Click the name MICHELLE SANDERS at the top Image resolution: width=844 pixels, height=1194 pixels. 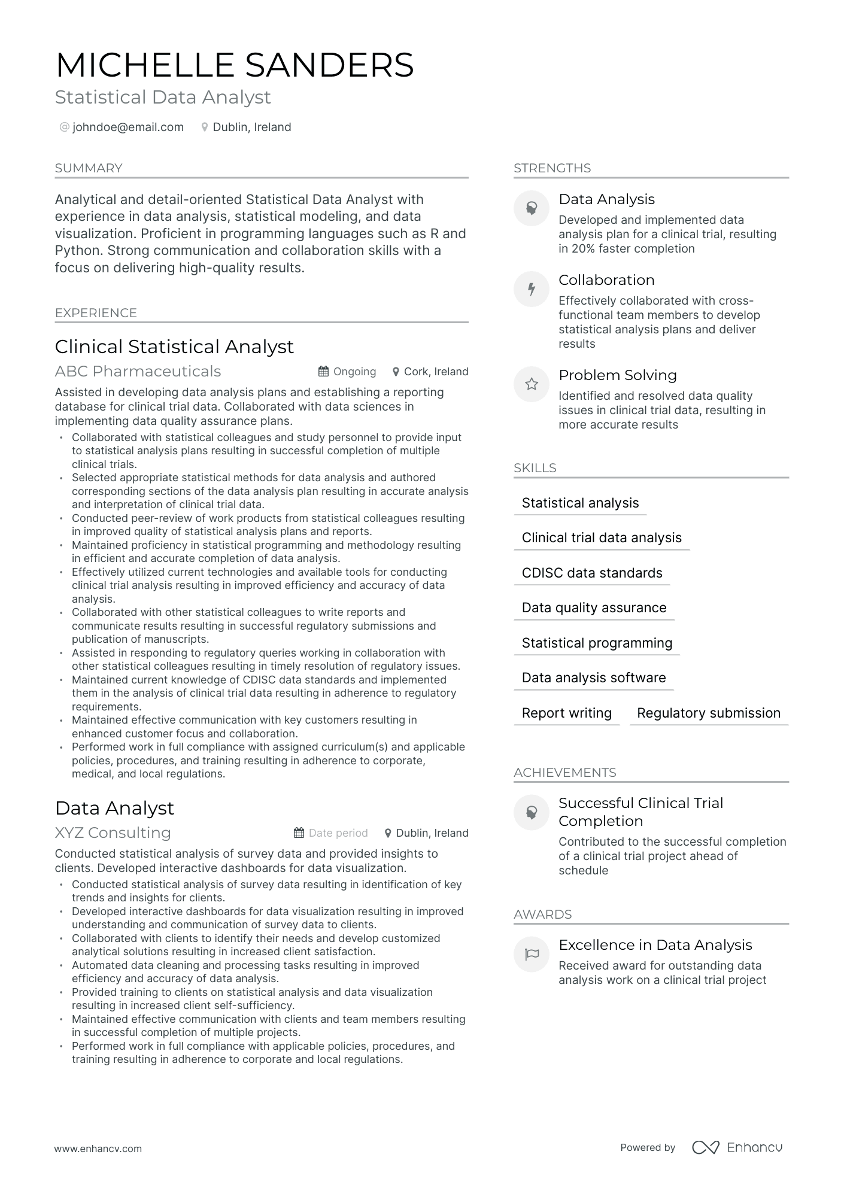click(234, 65)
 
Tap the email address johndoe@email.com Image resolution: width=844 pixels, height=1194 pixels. click(127, 127)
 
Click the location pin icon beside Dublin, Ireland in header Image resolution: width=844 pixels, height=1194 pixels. click(205, 127)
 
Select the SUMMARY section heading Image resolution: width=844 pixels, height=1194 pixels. click(89, 168)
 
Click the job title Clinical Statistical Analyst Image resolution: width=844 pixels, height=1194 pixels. click(174, 347)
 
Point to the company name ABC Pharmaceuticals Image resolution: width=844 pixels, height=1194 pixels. click(138, 371)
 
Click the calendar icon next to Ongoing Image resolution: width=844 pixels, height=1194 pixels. click(323, 372)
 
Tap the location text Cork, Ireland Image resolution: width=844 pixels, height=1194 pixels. click(436, 372)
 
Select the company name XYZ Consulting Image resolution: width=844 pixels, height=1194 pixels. click(113, 833)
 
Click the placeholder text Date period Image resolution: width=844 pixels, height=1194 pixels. click(338, 833)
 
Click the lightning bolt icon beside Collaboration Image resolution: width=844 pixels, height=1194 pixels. click(531, 289)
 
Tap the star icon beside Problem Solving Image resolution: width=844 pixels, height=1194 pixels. click(531, 384)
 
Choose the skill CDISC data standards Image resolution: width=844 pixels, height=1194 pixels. click(591, 573)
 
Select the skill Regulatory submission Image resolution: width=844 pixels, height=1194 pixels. click(708, 713)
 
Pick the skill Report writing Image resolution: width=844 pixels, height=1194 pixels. click(566, 713)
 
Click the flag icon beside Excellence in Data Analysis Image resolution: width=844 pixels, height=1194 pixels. click(531, 954)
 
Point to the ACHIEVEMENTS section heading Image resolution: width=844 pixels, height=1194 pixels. click(564, 772)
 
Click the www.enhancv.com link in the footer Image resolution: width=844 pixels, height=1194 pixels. click(98, 1149)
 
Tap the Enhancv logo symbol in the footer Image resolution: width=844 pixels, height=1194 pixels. click(705, 1147)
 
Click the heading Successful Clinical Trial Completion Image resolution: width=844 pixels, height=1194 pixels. click(640, 812)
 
